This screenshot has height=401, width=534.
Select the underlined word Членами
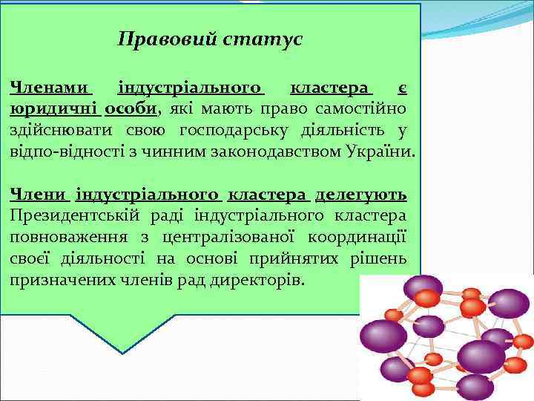point(50,89)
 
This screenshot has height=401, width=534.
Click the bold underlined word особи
point(131,110)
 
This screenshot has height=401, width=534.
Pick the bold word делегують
point(360,195)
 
